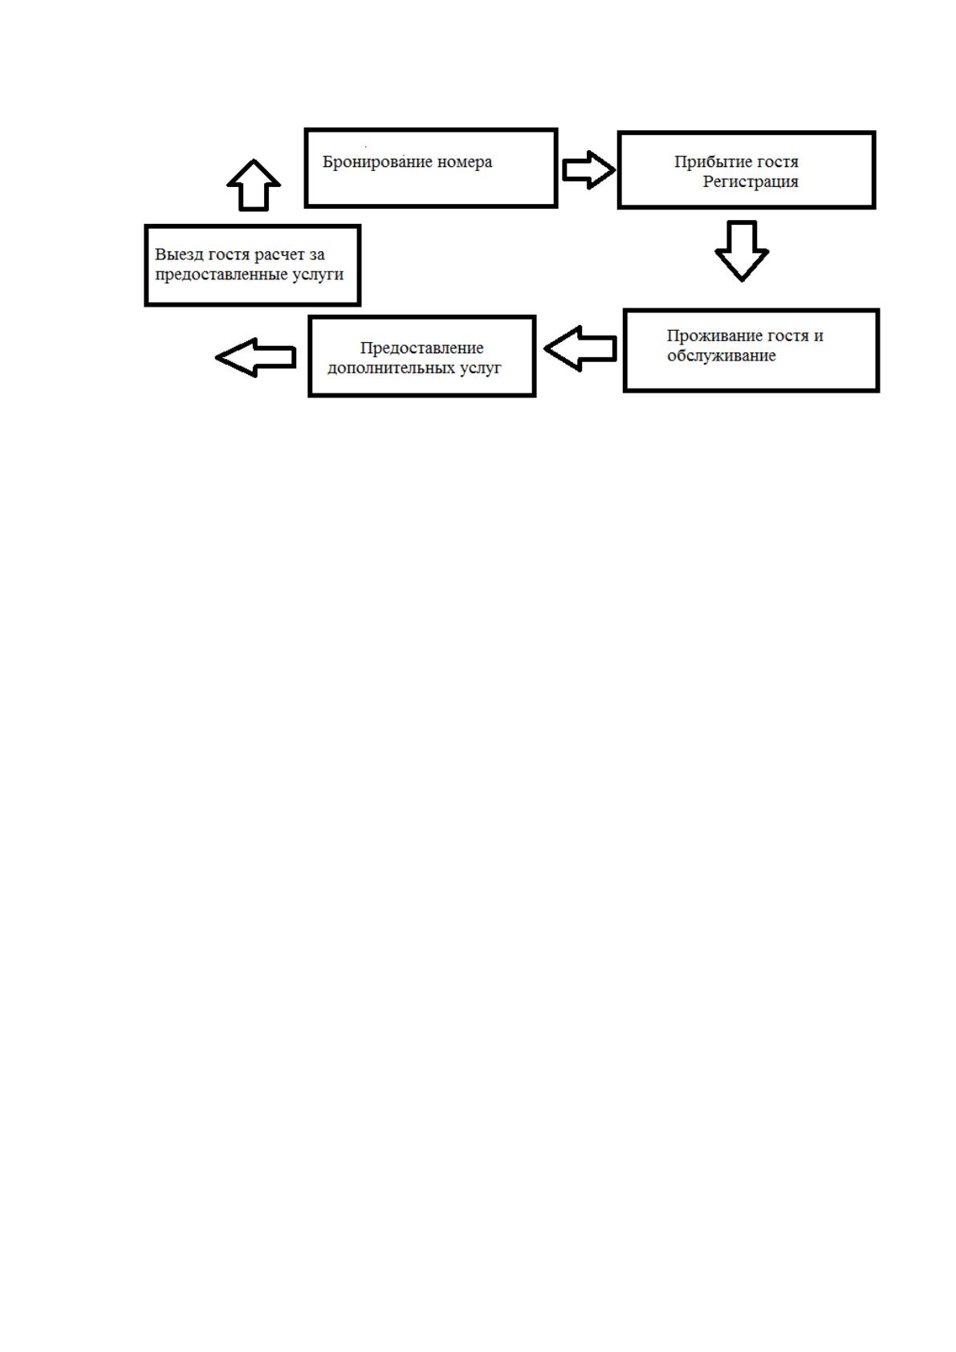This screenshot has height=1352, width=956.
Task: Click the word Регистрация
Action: tap(751, 181)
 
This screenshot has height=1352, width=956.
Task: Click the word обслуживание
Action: tap(722, 356)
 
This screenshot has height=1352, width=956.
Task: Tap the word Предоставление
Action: tap(422, 348)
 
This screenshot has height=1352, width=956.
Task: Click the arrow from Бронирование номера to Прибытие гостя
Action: tap(588, 170)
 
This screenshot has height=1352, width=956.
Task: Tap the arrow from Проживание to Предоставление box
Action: tap(580, 349)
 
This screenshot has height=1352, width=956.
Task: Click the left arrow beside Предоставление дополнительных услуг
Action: tap(256, 358)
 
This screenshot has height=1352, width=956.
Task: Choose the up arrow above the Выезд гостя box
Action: tap(254, 185)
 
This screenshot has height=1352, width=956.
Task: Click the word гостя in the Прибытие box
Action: tap(776, 163)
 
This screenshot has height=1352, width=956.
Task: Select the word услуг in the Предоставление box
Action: tap(481, 369)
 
